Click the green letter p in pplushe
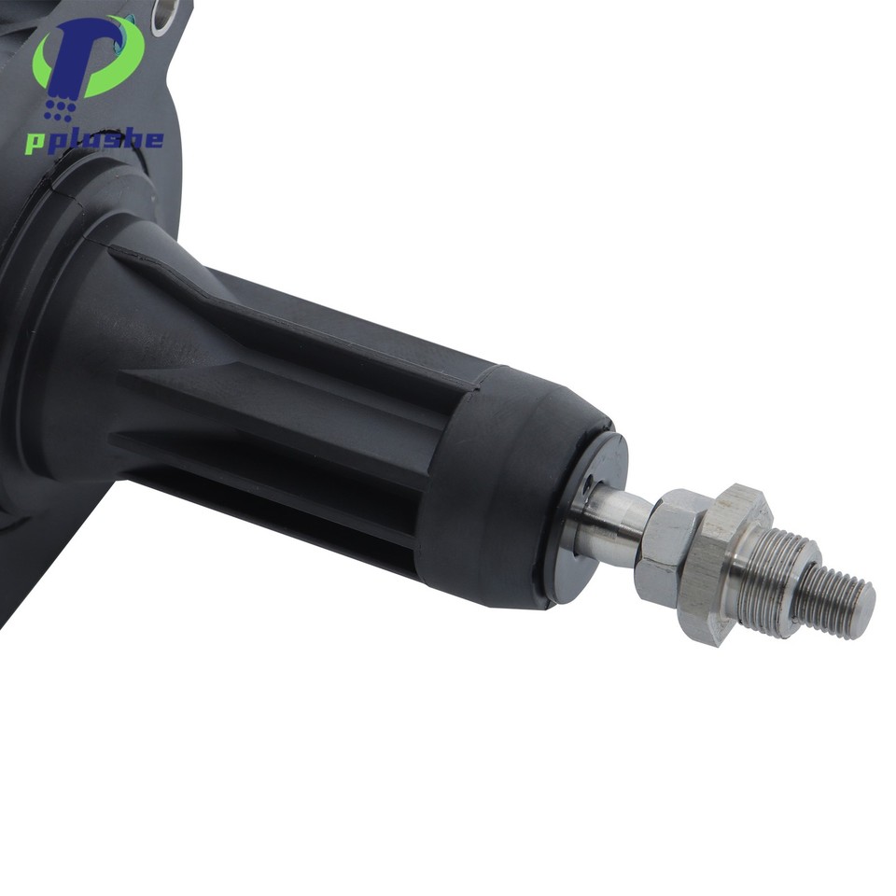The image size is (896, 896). pyautogui.click(x=36, y=143)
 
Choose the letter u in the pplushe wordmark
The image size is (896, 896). pyautogui.click(x=92, y=141)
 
